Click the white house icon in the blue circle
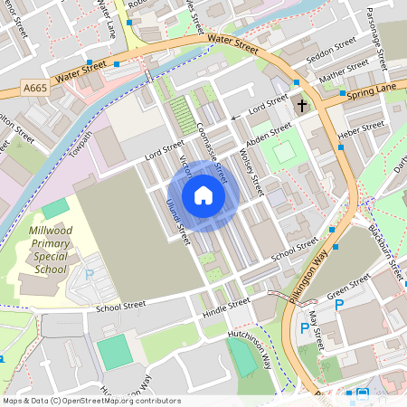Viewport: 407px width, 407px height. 203,195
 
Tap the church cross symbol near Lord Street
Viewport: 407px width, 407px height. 301,106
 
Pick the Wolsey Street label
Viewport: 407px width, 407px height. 251,172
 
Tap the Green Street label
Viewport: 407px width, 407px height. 349,289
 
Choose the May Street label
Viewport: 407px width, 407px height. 316,331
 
